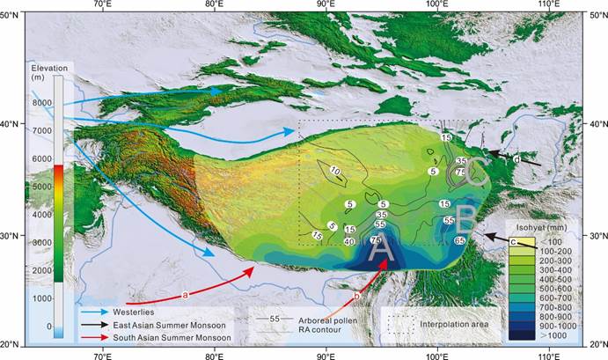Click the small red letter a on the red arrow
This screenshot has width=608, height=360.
click(x=185, y=293)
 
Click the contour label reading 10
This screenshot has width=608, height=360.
click(x=334, y=171)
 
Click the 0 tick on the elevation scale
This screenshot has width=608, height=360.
click(x=48, y=326)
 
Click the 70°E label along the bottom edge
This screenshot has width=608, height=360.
click(x=102, y=353)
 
